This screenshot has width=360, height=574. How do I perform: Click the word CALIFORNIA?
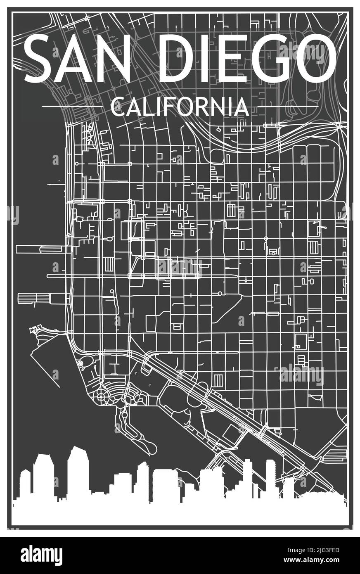[x=180, y=107]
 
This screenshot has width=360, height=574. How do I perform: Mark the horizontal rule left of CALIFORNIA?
[x=72, y=107]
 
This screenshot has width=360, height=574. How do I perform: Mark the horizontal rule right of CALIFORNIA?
[x=288, y=107]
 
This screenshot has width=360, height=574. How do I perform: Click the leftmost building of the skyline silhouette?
[x=25, y=483]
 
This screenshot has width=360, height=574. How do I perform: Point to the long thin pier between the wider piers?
[x=58, y=276]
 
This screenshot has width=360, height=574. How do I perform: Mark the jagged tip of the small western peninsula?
[x=33, y=330]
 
